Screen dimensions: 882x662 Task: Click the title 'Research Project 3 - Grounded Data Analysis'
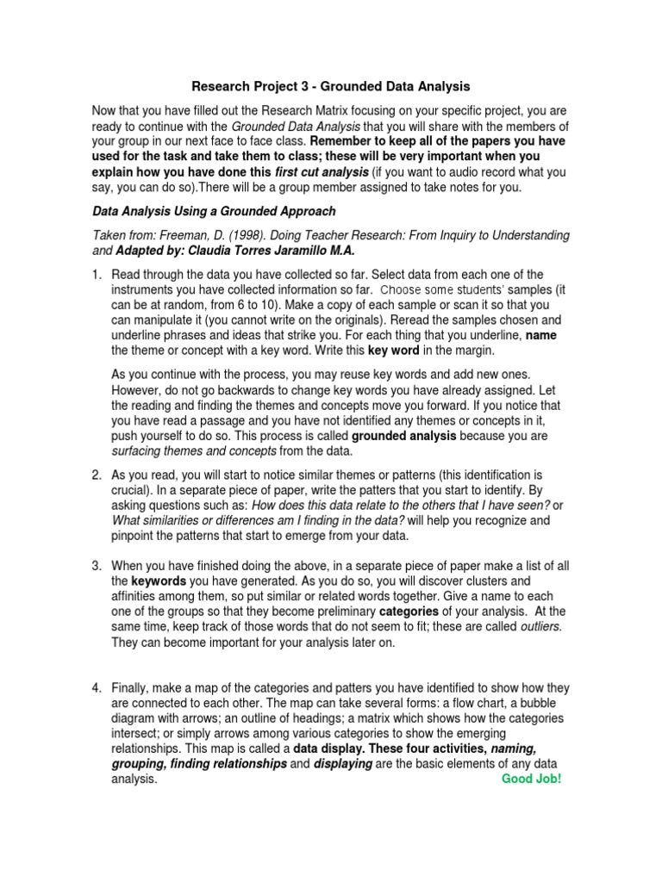click(331, 86)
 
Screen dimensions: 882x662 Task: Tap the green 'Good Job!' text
click(531, 779)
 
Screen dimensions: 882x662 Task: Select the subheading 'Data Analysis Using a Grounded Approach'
click(214, 211)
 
